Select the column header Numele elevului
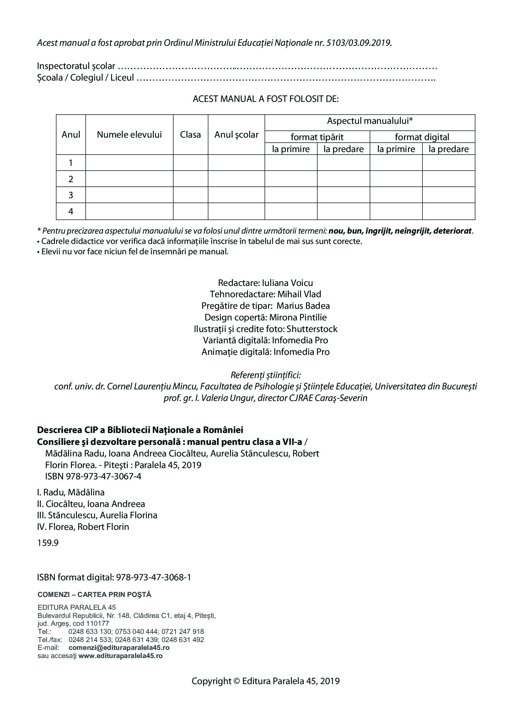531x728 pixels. click(x=129, y=135)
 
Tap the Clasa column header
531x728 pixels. click(x=190, y=135)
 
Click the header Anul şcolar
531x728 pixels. click(x=236, y=135)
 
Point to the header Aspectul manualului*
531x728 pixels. click(x=370, y=121)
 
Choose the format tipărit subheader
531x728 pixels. click(x=317, y=137)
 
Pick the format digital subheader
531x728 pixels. click(x=422, y=137)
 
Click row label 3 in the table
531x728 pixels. click(x=71, y=195)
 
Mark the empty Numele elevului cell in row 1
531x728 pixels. click(x=129, y=163)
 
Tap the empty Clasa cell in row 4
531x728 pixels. click(x=190, y=211)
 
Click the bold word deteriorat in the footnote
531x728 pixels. click(x=453, y=231)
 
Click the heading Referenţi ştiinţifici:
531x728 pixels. click(x=265, y=375)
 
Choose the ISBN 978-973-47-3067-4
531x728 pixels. click(x=104, y=476)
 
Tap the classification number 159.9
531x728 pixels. click(x=48, y=543)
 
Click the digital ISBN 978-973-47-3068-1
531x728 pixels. click(x=153, y=578)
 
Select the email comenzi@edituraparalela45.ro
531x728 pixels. click(x=119, y=648)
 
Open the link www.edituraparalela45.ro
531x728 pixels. click(x=120, y=656)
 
